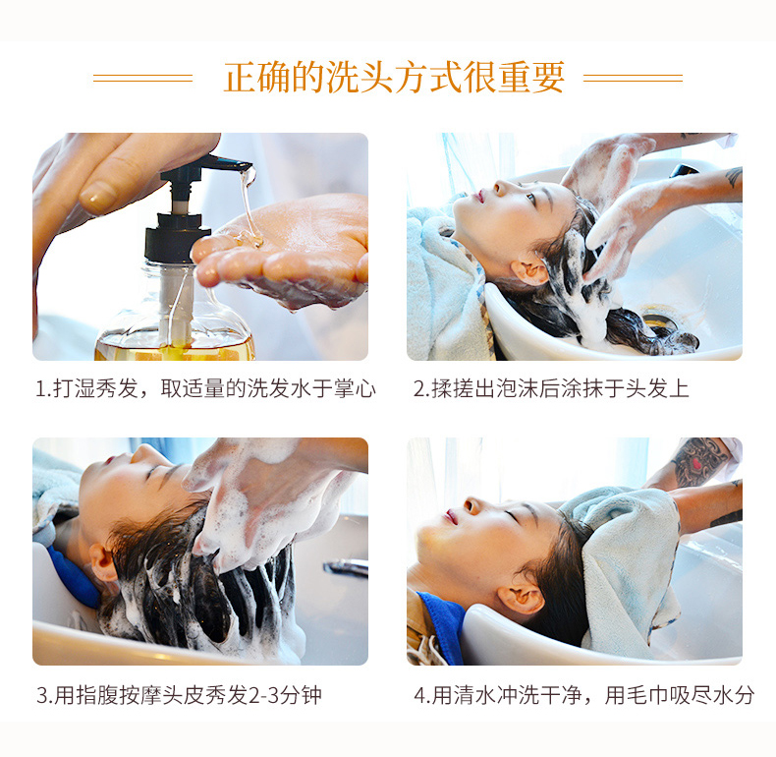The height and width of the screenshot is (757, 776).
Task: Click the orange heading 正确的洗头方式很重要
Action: coord(394,78)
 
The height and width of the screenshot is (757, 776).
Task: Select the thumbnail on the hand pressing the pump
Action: coord(98,197)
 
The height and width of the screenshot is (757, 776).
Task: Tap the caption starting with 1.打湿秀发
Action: coord(206,388)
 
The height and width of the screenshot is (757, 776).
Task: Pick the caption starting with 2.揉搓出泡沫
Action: coord(551,388)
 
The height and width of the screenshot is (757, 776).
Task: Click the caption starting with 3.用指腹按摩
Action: coord(179,695)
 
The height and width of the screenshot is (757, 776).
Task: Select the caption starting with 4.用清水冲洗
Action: coord(584,695)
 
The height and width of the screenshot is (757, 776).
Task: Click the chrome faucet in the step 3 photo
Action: coord(346,568)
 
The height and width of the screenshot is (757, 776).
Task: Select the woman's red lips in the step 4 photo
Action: coord(451,517)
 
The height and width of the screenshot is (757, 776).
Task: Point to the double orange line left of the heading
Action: coord(142,78)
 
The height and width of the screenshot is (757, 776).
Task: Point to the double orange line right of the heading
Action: coord(633,78)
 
